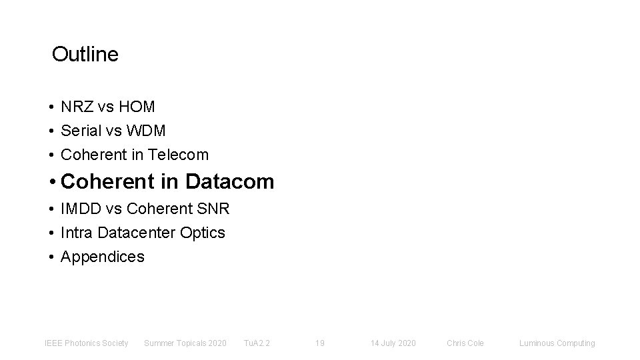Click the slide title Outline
coord(85,55)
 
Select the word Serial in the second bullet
coord(79,131)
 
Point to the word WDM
coord(147,131)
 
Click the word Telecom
coord(178,155)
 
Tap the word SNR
coord(214,209)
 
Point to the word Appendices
coord(102,257)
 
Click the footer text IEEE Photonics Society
coord(86,343)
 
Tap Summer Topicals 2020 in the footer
coord(185,343)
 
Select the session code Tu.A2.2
coord(257,343)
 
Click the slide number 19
coord(319,343)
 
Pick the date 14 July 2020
coord(393,343)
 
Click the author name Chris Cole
coord(465,343)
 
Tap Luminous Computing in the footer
coord(557,343)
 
